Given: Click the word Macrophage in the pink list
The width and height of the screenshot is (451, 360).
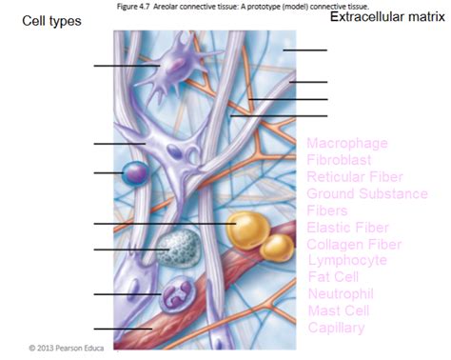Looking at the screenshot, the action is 347,144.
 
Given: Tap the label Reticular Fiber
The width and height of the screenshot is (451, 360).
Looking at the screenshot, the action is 355,177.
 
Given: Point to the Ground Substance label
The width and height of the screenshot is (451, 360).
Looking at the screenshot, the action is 367,193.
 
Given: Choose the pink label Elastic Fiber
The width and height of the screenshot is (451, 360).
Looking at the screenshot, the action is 348,227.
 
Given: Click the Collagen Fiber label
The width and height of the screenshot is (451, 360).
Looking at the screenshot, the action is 354,244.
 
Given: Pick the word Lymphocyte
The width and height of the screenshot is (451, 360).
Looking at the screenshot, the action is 347,260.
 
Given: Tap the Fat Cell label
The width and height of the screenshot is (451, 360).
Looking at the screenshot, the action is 332,277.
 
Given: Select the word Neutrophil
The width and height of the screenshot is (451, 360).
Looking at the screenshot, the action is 341,293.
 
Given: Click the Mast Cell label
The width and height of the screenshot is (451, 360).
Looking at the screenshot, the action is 337,310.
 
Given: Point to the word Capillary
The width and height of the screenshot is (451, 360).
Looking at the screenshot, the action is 336,328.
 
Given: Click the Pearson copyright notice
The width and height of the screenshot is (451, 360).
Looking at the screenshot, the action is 65,348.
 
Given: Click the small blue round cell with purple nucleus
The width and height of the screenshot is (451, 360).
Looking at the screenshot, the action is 134,173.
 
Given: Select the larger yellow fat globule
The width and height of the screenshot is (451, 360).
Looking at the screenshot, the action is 248,230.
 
